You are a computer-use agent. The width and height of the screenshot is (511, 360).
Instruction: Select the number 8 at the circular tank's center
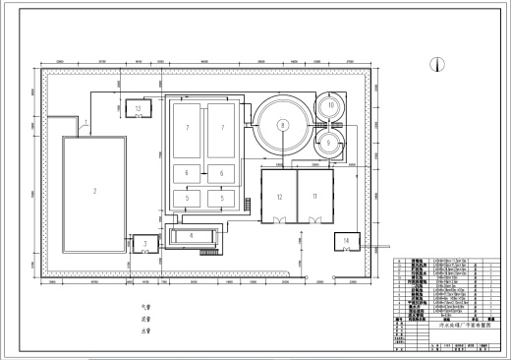(x=282, y=126)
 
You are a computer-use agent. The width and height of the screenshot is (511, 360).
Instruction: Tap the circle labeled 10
(x=332, y=105)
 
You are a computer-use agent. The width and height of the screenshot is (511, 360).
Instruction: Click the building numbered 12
(x=280, y=197)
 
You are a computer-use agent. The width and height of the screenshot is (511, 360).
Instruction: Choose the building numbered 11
(x=315, y=197)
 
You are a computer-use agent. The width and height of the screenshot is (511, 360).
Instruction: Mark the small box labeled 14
(x=347, y=241)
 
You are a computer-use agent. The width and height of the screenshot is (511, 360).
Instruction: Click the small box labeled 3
(x=144, y=243)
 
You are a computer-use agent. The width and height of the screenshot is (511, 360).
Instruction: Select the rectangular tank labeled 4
(x=191, y=235)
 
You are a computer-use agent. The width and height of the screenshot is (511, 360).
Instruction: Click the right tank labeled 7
(x=222, y=128)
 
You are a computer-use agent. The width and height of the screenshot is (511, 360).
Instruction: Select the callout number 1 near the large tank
(x=85, y=123)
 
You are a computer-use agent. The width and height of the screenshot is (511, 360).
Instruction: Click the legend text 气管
(x=148, y=308)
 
